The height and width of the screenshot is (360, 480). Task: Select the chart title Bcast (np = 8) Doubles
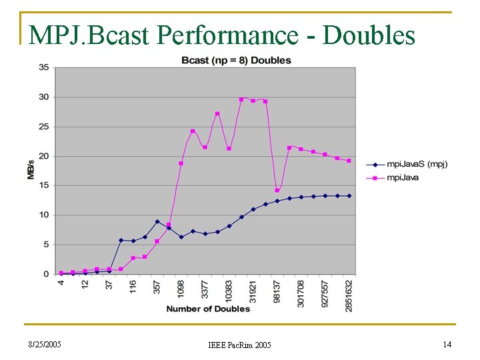pyautogui.click(x=236, y=60)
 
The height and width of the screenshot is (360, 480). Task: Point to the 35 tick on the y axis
pyautogui.click(x=43, y=67)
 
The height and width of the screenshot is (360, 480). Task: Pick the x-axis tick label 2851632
pyautogui.click(x=349, y=294)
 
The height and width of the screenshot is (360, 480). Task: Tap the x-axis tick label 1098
pyautogui.click(x=181, y=289)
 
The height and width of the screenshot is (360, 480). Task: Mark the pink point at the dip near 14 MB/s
pyautogui.click(x=277, y=190)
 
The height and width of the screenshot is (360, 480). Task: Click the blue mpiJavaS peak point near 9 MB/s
pyautogui.click(x=157, y=221)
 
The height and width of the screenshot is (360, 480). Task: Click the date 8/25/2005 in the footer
pyautogui.click(x=44, y=345)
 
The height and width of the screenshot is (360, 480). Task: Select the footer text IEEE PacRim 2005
pyautogui.click(x=239, y=345)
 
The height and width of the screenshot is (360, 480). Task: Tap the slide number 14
pyautogui.click(x=447, y=344)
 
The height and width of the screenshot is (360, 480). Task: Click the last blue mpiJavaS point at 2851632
pyautogui.click(x=349, y=196)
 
